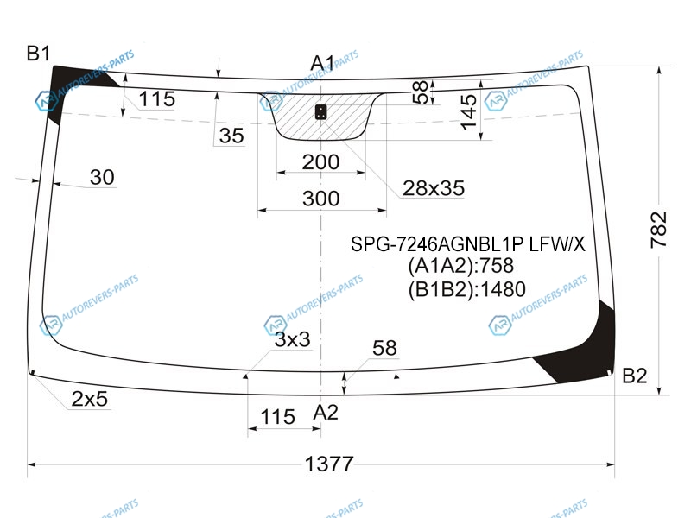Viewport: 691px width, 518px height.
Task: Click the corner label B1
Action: click(38, 54)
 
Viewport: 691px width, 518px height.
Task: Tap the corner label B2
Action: click(635, 376)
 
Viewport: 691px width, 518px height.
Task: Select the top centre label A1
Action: click(322, 63)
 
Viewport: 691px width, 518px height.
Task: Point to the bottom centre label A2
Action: click(326, 413)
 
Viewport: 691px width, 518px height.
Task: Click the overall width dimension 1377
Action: click(329, 464)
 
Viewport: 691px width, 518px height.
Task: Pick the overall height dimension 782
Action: click(659, 230)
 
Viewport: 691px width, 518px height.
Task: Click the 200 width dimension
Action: click(320, 162)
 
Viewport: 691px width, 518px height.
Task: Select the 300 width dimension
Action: click(320, 199)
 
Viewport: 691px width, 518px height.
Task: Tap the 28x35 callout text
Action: click(434, 188)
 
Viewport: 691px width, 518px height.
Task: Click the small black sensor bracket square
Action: click(321, 112)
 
